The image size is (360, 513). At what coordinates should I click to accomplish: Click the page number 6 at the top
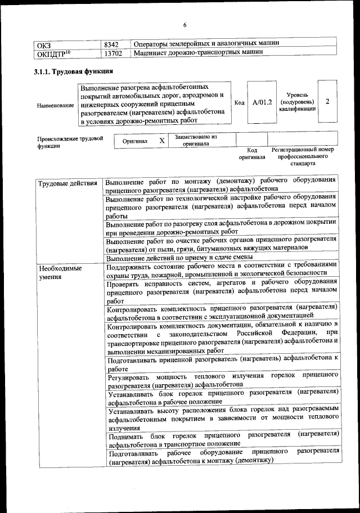point(184,25)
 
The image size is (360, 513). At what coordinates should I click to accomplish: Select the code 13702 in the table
point(114,53)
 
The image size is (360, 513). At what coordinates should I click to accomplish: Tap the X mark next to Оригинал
point(161,141)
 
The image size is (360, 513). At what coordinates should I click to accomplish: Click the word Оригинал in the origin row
point(135,141)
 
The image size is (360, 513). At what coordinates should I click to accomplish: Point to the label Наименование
point(55,105)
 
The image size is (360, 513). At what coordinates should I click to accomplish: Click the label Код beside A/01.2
point(239,102)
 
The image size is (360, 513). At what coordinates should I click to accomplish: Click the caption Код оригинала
point(251,154)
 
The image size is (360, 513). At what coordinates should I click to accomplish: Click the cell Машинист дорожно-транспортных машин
point(199,53)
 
